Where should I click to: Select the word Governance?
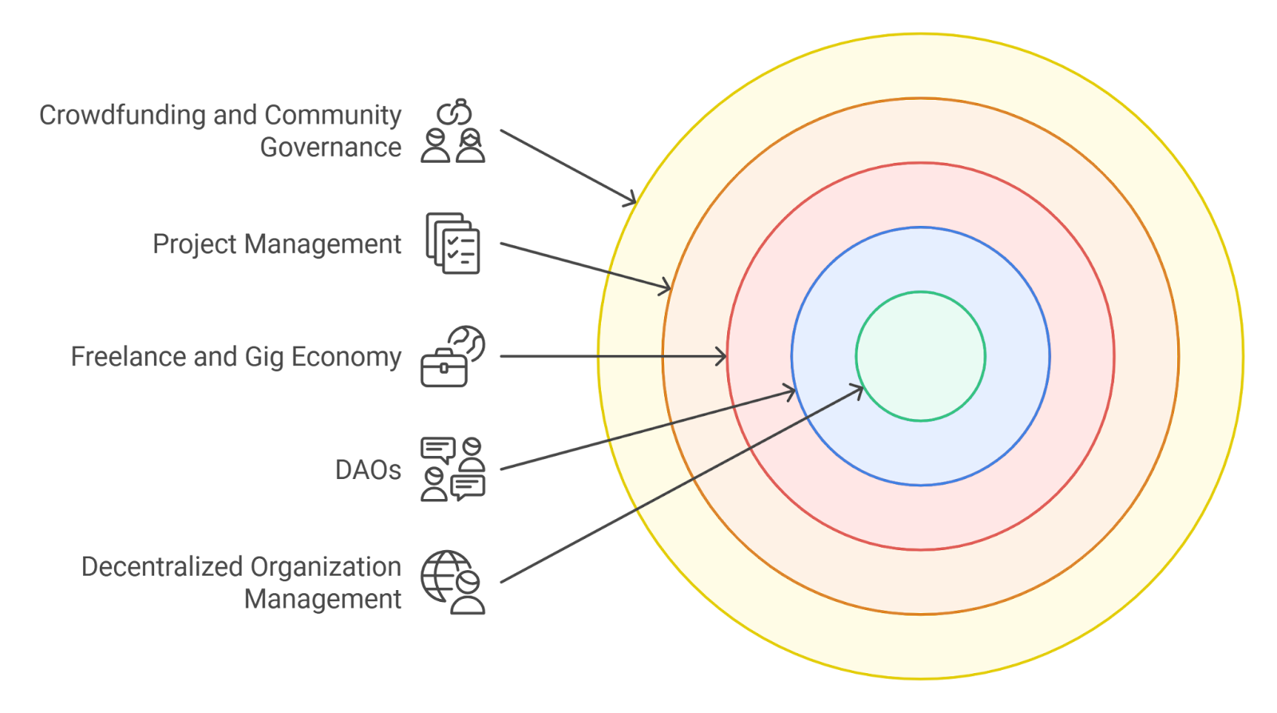[330, 148]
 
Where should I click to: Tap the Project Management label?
[276, 244]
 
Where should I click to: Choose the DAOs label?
[367, 469]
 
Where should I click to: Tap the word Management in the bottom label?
[322, 599]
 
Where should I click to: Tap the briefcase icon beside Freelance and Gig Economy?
[453, 356]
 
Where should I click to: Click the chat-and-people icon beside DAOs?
[453, 469]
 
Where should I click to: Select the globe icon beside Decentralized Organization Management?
[453, 582]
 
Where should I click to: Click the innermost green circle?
[920, 356]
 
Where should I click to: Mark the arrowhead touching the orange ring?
[666, 287]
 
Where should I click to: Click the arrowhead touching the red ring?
[722, 356]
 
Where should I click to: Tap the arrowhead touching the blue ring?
[789, 391]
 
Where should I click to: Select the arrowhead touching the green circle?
[858, 390]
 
